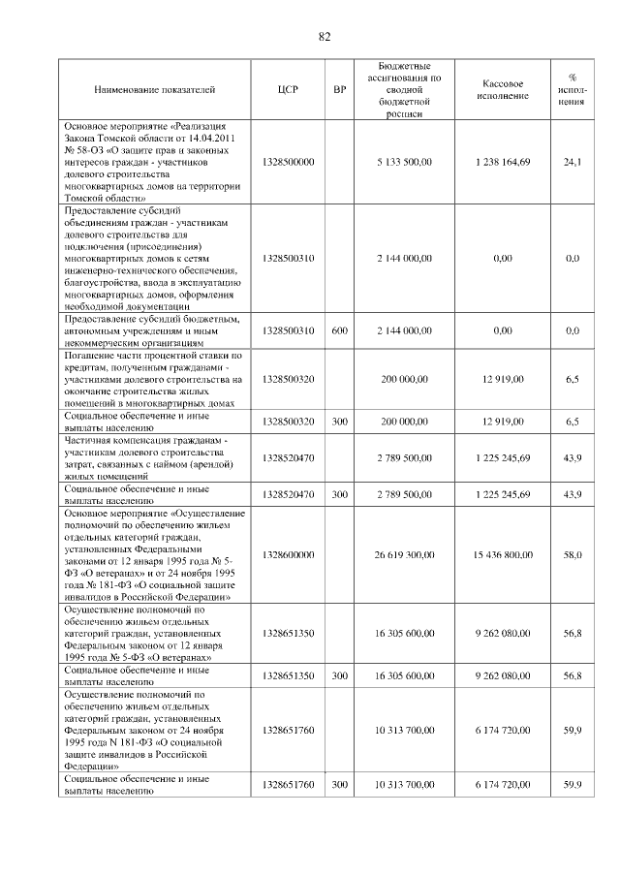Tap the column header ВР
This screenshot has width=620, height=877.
click(x=339, y=90)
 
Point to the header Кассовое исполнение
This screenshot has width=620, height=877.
click(x=503, y=90)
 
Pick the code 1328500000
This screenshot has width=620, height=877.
click(x=289, y=162)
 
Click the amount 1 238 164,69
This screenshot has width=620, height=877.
click(x=503, y=162)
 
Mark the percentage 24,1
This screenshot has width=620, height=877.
click(x=573, y=162)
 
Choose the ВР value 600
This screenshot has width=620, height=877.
click(x=339, y=330)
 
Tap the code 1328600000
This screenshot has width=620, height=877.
click(x=289, y=554)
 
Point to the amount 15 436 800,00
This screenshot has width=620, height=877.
click(x=503, y=554)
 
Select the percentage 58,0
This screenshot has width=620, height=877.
click(x=573, y=554)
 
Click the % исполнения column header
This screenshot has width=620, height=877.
click(x=573, y=90)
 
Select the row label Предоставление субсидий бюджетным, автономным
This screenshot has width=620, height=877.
click(x=154, y=330)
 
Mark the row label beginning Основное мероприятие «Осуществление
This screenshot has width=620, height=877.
click(x=154, y=554)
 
